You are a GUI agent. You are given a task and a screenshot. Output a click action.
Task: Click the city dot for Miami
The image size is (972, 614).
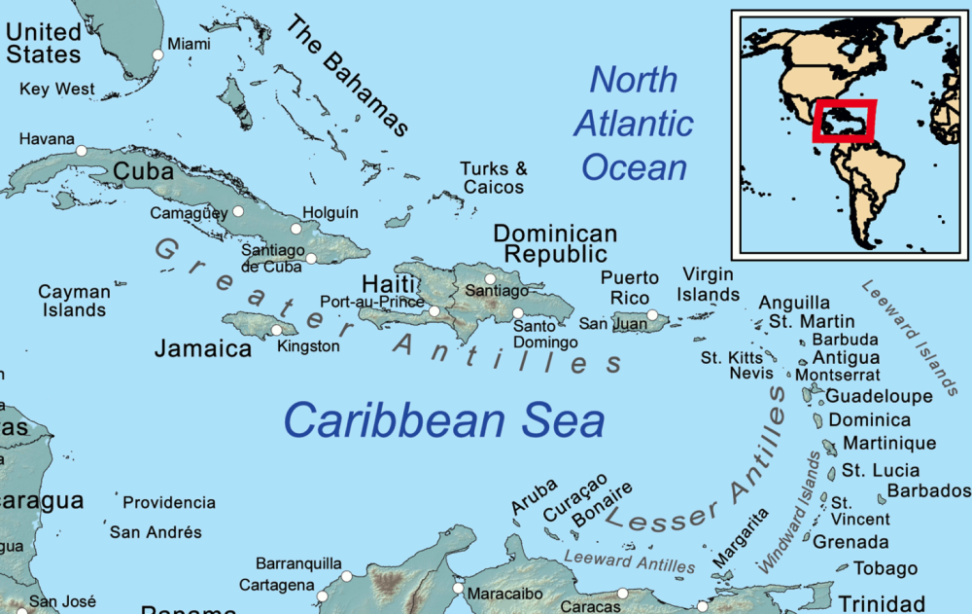[x=158, y=54]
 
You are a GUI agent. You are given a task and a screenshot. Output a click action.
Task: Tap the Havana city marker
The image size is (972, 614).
[x=82, y=151]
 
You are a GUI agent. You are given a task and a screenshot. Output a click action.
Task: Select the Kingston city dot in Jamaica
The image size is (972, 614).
[x=277, y=330]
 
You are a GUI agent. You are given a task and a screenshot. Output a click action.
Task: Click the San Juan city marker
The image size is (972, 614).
[x=653, y=315]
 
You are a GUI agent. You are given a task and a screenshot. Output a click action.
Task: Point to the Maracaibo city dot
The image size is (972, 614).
[x=459, y=588]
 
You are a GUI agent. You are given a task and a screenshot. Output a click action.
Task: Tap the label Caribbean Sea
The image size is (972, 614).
[x=444, y=421]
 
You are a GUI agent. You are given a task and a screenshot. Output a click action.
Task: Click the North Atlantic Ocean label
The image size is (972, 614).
[x=634, y=124]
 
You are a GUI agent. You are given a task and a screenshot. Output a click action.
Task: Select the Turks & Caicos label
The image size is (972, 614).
[x=494, y=178]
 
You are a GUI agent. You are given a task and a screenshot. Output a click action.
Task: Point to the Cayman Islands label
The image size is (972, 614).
[x=72, y=301]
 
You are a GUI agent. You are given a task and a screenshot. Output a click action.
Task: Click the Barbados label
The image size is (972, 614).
[x=929, y=490]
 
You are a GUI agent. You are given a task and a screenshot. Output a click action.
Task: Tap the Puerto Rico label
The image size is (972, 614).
[x=629, y=287]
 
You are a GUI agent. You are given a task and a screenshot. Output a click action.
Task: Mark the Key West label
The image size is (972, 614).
[x=57, y=90]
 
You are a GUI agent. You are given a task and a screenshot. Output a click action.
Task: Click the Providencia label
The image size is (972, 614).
[x=169, y=503]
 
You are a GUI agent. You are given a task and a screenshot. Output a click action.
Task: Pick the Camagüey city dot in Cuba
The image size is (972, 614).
[x=237, y=211]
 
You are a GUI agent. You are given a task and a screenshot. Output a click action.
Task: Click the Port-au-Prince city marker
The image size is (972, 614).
[x=434, y=311]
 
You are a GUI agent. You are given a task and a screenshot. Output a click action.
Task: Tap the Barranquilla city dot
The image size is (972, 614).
[x=346, y=577]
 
